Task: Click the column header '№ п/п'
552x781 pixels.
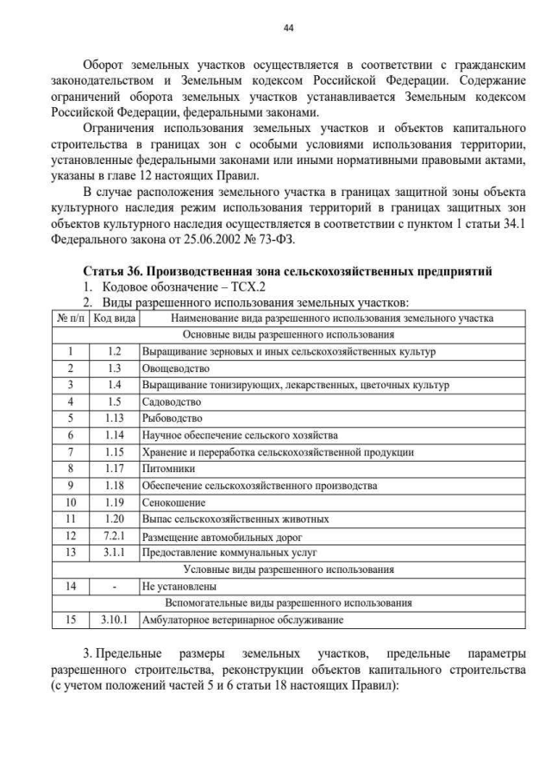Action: click(x=70, y=318)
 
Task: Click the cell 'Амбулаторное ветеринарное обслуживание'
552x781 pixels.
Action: click(x=242, y=620)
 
